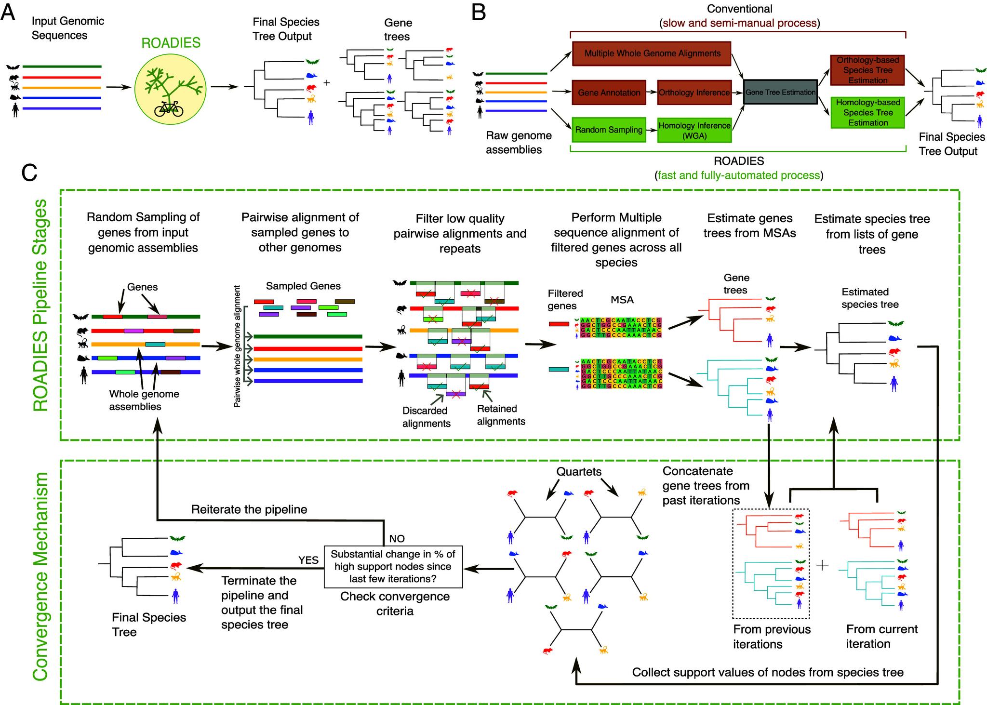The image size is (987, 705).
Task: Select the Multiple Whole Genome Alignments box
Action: click(652, 53)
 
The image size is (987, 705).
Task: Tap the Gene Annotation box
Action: click(609, 93)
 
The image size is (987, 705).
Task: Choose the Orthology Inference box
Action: click(694, 93)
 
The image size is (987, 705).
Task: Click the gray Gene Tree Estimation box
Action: click(780, 92)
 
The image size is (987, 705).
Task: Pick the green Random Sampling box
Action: click(608, 130)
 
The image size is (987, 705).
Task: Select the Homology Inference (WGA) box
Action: click(694, 130)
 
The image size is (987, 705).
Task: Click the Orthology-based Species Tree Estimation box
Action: click(867, 70)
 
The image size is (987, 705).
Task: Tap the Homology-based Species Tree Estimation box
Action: click(867, 112)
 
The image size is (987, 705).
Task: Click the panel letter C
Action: click(29, 172)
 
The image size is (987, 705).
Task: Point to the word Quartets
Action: click(579, 471)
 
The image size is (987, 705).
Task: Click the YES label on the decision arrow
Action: click(308, 560)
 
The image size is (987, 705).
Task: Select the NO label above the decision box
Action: click(397, 538)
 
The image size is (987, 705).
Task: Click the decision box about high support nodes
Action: click(393, 566)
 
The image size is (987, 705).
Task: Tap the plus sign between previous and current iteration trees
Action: click(822, 565)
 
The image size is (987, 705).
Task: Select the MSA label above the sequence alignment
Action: click(622, 300)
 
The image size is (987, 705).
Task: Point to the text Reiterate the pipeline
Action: click(249, 509)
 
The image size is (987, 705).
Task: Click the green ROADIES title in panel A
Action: click(171, 43)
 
